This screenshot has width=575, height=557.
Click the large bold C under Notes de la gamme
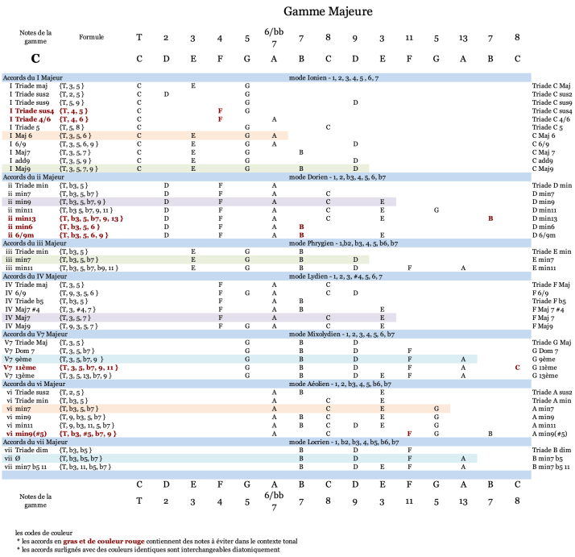point(35,59)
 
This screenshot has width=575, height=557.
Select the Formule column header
point(92,37)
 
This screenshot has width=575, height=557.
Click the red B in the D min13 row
point(490,218)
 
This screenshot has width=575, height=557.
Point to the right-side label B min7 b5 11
point(551,466)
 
